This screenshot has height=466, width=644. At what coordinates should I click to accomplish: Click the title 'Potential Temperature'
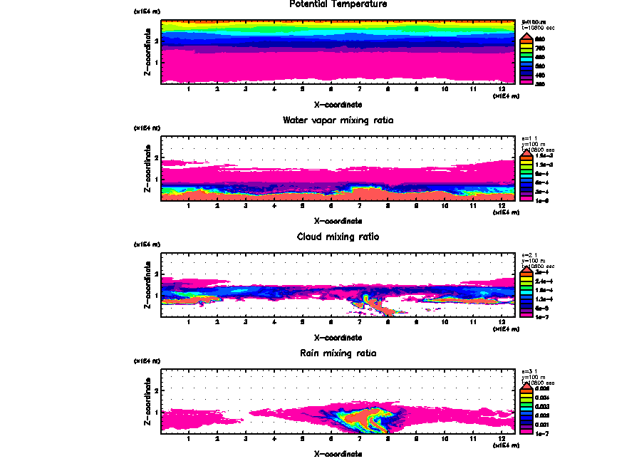click(x=338, y=4)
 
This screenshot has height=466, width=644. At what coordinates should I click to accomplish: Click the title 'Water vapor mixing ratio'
click(x=338, y=120)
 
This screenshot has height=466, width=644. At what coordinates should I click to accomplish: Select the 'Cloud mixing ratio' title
click(x=338, y=237)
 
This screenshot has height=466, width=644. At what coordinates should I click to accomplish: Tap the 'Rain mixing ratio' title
click(x=338, y=353)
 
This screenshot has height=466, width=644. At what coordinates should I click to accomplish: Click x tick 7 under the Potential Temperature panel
click(x=360, y=89)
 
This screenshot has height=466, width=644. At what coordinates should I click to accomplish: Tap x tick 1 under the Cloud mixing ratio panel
click(x=188, y=322)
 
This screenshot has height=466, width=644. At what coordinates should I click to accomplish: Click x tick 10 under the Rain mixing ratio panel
click(x=445, y=438)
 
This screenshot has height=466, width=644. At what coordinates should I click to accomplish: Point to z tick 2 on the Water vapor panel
click(x=156, y=157)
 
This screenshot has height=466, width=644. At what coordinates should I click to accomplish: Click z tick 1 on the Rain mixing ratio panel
click(x=156, y=411)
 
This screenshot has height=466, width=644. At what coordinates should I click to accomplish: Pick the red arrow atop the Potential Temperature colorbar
click(x=526, y=36)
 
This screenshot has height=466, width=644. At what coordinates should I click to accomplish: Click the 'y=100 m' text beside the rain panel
click(x=534, y=378)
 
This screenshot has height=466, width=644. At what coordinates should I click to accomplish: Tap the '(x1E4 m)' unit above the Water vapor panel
click(x=146, y=128)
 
